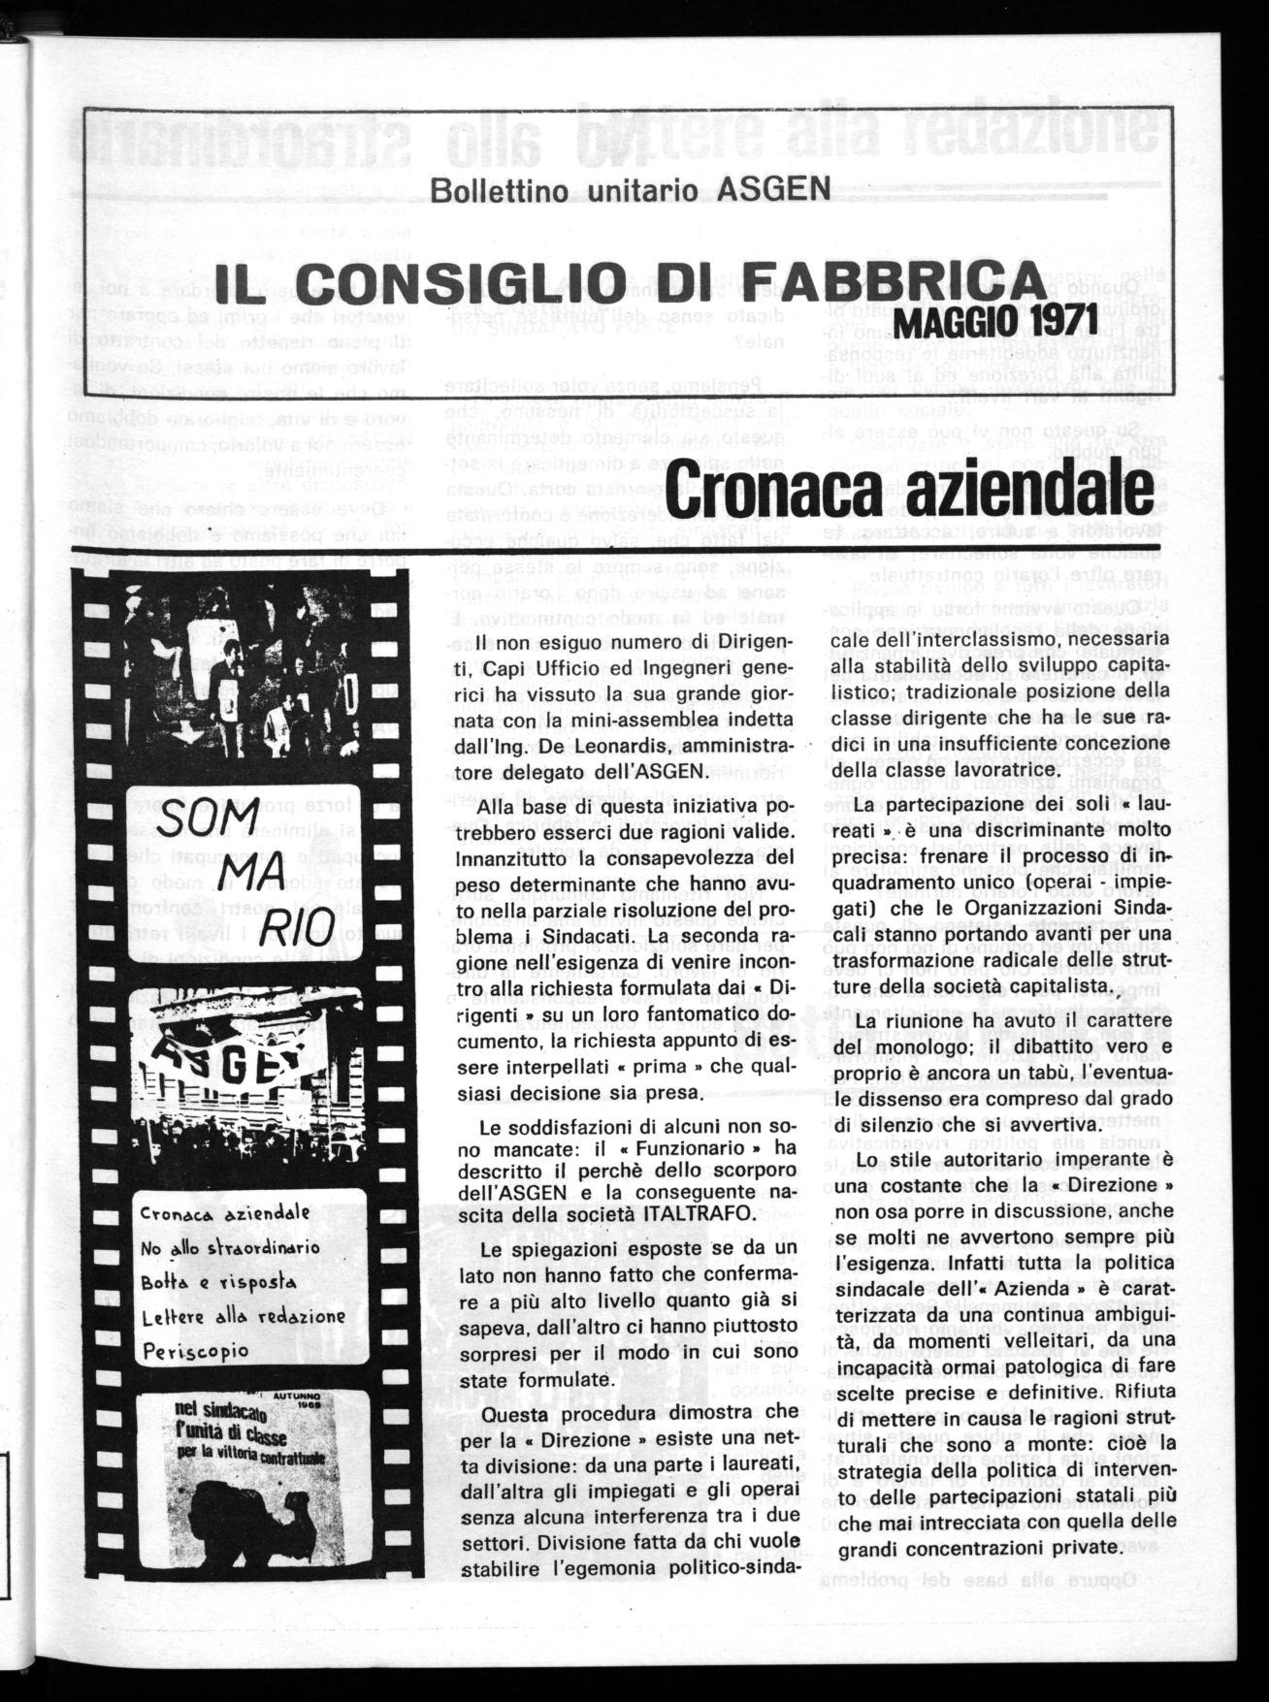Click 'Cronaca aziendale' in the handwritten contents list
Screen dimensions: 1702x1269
pyautogui.click(x=225, y=1212)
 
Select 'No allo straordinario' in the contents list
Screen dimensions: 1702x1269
pyautogui.click(x=229, y=1247)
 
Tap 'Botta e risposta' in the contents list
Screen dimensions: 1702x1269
pyautogui.click(x=219, y=1281)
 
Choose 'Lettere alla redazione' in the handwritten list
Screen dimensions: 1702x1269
pyautogui.click(x=243, y=1316)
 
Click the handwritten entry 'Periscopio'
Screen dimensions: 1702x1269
pyautogui.click(x=195, y=1350)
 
